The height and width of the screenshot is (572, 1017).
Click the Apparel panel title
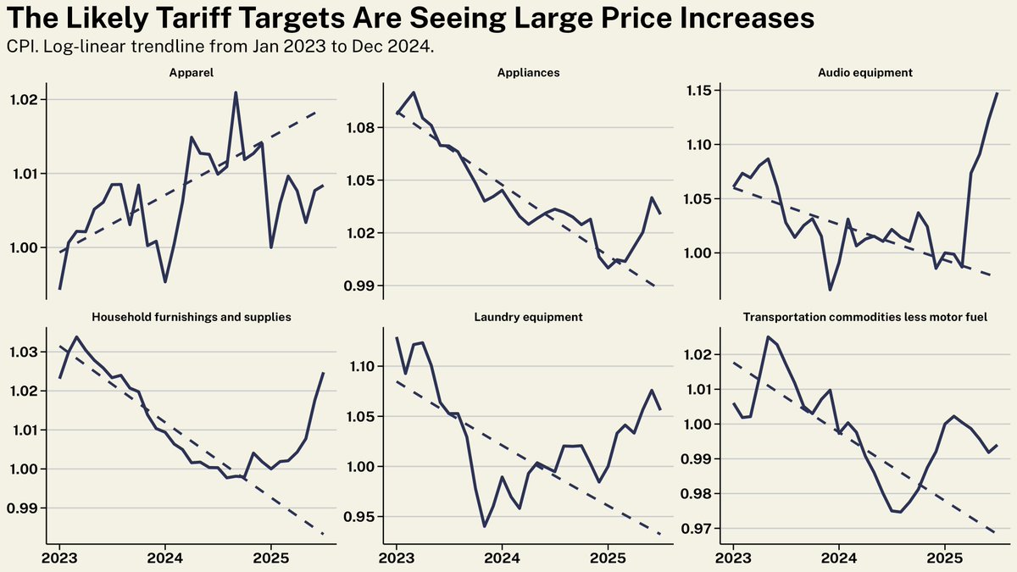click(x=192, y=73)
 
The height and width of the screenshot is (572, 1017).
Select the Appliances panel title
click(x=528, y=73)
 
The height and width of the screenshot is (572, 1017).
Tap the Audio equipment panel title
click(x=864, y=73)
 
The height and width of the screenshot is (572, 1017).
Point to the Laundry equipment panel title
click(x=528, y=317)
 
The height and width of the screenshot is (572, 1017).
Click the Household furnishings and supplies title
click(x=192, y=317)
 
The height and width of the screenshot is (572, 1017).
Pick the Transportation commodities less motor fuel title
click(x=864, y=317)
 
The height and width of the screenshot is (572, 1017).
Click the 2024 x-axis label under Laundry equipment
click(x=502, y=559)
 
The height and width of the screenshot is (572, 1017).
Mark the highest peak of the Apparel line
click(x=236, y=92)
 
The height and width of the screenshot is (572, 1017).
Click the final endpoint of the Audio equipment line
click(x=997, y=93)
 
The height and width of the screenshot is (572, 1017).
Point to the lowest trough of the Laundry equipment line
click(x=484, y=526)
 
